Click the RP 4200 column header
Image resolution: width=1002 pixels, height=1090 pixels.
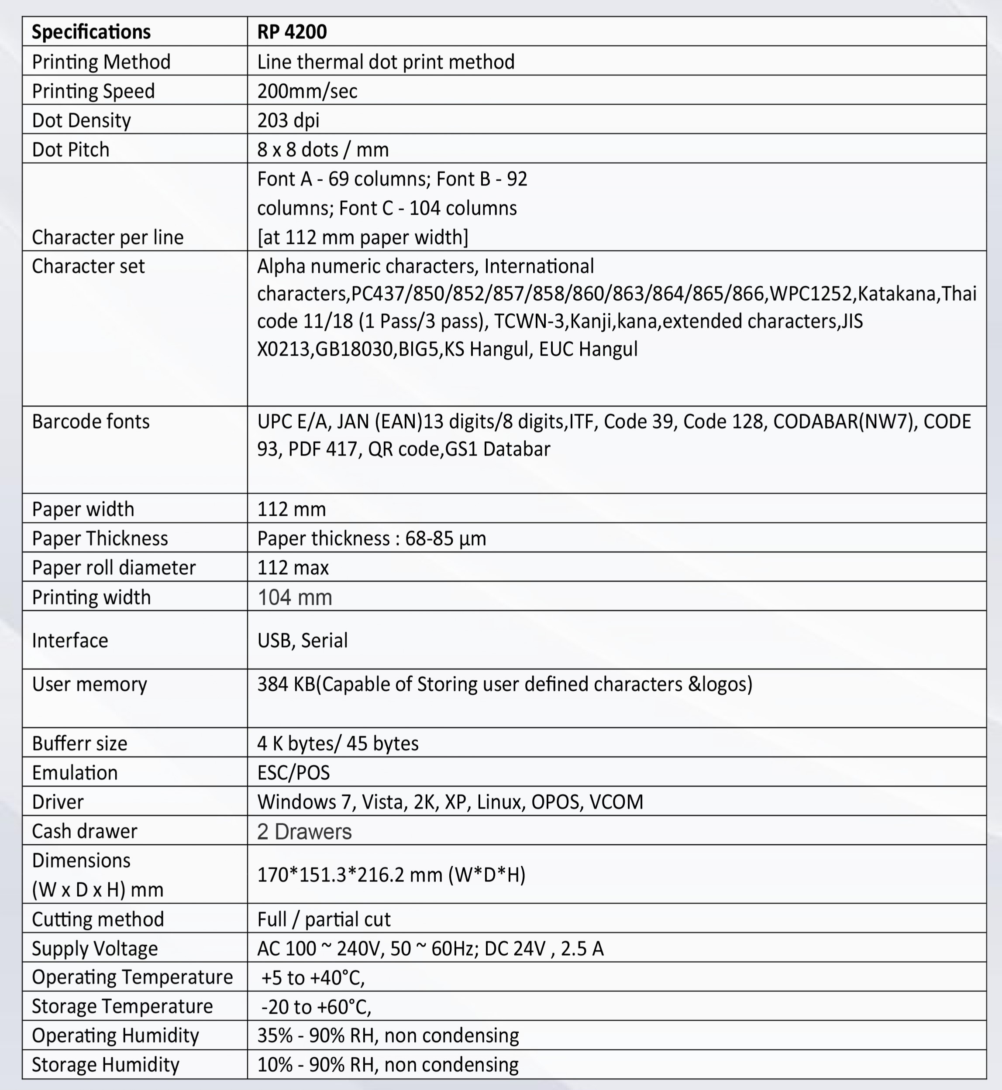[292, 32]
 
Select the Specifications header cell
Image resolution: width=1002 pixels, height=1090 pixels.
[91, 32]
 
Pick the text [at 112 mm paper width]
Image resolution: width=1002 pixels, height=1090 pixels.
[362, 237]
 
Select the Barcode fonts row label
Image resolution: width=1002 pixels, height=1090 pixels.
[90, 422]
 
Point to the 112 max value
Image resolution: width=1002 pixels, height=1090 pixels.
[293, 568]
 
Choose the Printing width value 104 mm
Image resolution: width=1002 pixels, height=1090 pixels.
[294, 597]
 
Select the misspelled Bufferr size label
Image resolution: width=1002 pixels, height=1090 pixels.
[79, 743]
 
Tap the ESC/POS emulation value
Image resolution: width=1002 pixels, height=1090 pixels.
[293, 772]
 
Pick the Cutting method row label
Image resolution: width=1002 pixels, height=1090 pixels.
[98, 919]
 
